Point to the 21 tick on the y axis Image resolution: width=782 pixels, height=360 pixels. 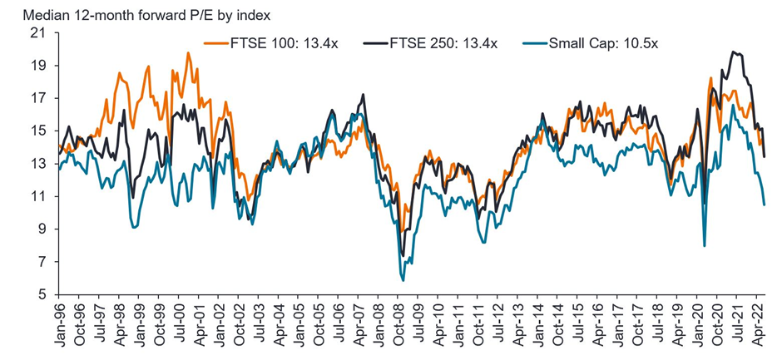(37, 33)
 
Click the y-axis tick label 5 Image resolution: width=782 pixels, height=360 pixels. (40, 294)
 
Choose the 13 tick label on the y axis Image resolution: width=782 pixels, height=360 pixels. (37, 164)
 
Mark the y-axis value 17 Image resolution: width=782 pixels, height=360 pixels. (37, 98)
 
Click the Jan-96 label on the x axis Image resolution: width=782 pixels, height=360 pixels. (58, 324)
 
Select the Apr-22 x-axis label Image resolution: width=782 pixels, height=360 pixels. (759, 324)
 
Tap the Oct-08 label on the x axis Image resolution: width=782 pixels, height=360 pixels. (399, 324)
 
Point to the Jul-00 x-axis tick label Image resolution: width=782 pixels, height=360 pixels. (178, 324)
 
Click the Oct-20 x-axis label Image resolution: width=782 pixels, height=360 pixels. (719, 324)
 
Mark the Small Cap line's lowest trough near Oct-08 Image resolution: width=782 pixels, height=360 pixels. (403, 280)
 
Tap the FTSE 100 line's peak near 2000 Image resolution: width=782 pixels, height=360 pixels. (188, 53)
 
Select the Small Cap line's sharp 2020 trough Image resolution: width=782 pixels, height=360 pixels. (705, 245)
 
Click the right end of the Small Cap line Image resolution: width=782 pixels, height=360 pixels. (764, 205)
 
